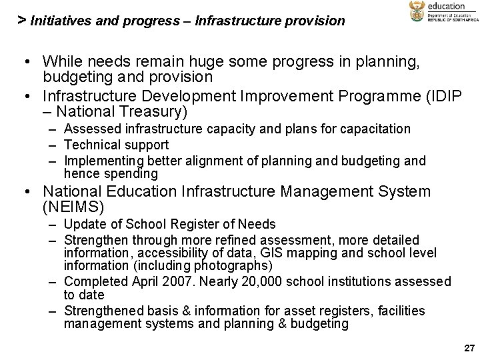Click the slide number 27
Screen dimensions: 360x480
469,348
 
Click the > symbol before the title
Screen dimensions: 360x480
22,19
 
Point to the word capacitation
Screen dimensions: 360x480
375,129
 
